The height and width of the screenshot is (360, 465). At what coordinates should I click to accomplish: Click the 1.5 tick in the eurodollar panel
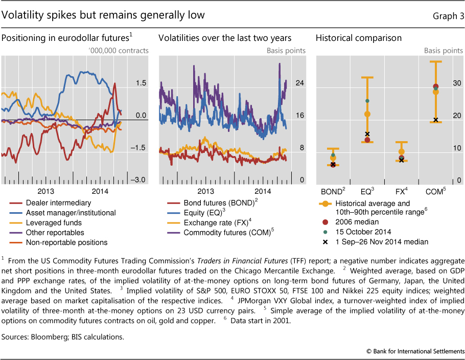[x=141, y=83]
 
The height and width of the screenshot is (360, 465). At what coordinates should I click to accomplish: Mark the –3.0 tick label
[x=139, y=180]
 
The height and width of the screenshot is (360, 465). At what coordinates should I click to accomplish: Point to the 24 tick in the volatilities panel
[x=300, y=83]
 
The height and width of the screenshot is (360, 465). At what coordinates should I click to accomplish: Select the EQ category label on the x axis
[x=366, y=191]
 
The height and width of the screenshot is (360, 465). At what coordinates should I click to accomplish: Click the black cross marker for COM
[x=436, y=120]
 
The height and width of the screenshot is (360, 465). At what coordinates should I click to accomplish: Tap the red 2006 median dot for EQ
[x=367, y=140]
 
